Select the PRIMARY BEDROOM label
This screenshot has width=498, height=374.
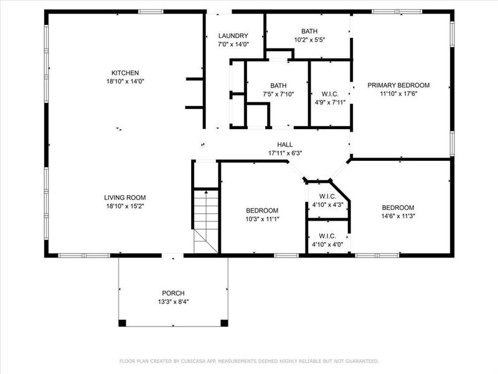pos(398,85)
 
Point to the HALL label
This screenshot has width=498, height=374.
pos(285,143)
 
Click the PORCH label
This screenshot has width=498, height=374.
pos(173,293)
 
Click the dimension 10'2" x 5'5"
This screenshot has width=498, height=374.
pos(309,39)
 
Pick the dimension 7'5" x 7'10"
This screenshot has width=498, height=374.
pos(278,94)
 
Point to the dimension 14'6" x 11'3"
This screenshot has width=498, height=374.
pos(398,216)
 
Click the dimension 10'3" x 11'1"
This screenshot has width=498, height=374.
pos(261,219)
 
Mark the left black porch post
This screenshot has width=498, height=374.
pos(122,323)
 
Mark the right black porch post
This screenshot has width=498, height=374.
pos(225,323)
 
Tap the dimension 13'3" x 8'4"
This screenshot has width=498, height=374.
pos(173,302)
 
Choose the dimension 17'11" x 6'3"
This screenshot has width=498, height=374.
pos(285,152)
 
